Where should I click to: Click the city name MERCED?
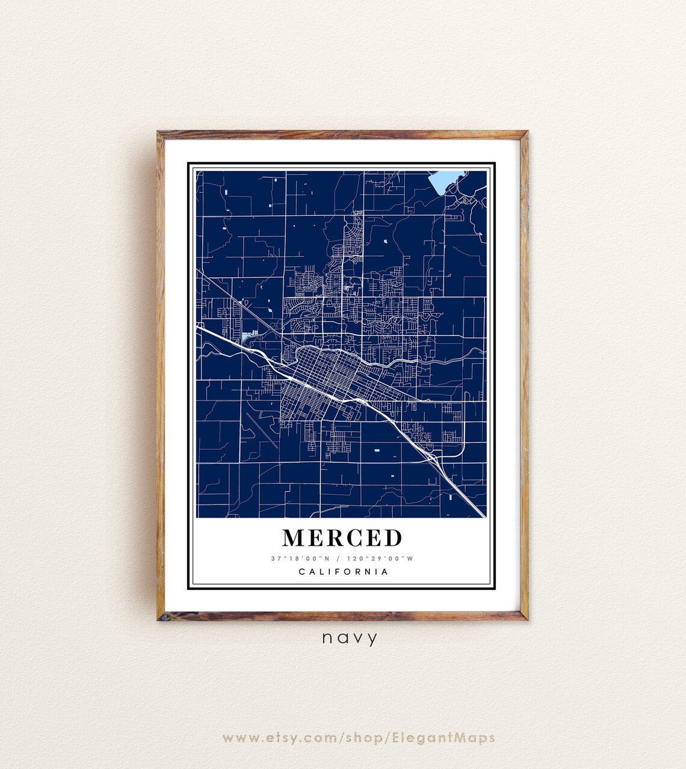pos(342,537)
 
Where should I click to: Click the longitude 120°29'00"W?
pos(381,559)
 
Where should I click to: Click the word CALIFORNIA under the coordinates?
pos(344,572)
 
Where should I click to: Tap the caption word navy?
pos(350,637)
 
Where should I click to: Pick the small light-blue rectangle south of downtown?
pos(377,450)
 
